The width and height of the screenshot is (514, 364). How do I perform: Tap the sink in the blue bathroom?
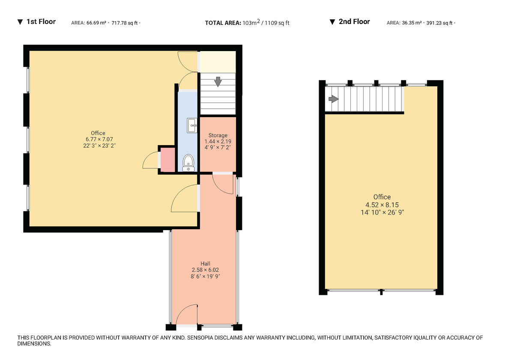pyautogui.click(x=191, y=126)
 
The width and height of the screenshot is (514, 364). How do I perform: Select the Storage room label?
pyautogui.click(x=218, y=135)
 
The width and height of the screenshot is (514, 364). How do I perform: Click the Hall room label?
pyautogui.click(x=206, y=264)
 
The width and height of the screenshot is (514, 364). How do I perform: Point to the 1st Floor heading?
pyautogui.click(x=41, y=21)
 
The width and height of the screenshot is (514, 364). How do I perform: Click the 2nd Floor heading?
pyautogui.click(x=354, y=21)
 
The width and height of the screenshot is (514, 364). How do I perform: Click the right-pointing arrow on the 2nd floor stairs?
pyautogui.click(x=333, y=99)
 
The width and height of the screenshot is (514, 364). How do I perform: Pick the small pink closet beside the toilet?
pyautogui.click(x=167, y=160)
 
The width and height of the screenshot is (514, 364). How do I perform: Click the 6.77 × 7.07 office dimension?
pyautogui.click(x=98, y=140)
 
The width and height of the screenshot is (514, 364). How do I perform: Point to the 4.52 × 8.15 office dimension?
pyautogui.click(x=382, y=205)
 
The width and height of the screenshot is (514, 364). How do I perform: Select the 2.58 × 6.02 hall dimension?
pyautogui.click(x=206, y=270)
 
